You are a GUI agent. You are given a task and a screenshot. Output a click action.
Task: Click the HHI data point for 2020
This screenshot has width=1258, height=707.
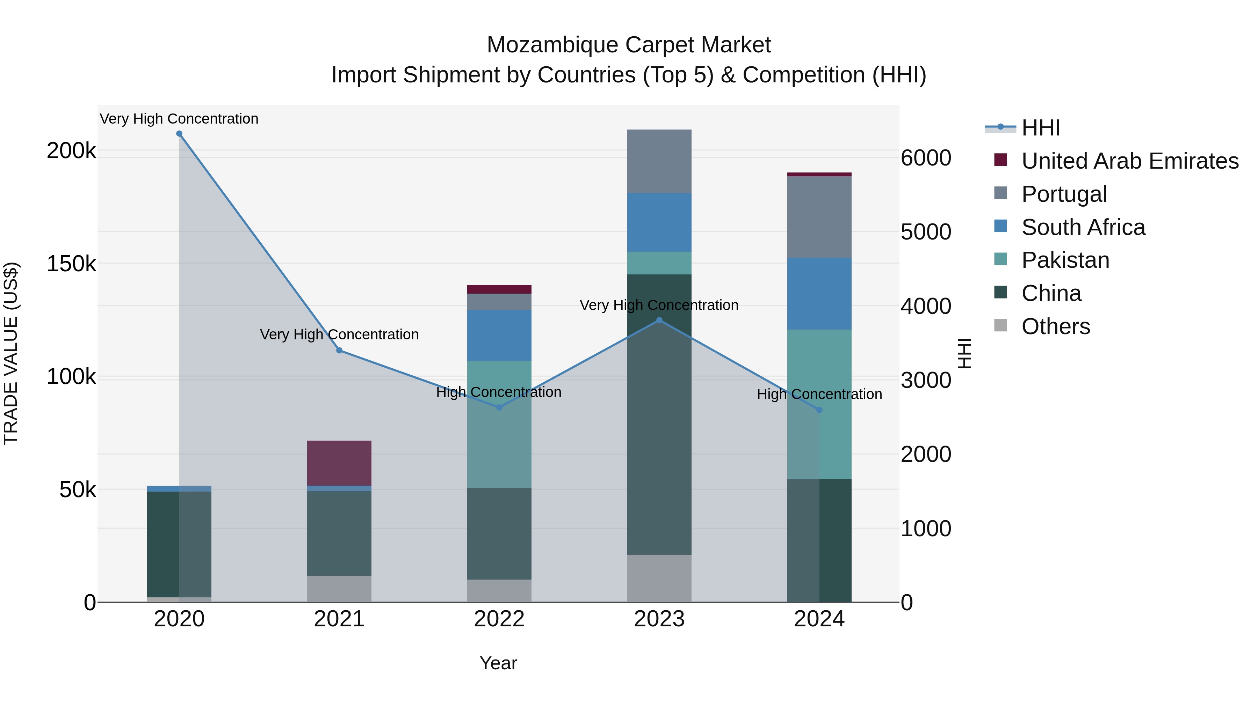click(179, 134)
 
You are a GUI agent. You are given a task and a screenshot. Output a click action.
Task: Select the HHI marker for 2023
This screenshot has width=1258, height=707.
click(659, 320)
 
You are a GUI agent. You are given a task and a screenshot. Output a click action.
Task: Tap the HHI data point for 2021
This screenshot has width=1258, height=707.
click(339, 350)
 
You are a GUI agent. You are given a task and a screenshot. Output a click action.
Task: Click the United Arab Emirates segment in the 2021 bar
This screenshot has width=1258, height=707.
click(339, 463)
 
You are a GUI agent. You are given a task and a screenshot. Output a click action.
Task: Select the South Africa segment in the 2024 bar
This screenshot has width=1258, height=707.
click(819, 293)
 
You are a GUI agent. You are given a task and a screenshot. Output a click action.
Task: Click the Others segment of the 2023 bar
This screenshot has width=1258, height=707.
click(659, 578)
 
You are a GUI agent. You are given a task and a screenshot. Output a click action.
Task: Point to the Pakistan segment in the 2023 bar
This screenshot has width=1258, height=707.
click(659, 263)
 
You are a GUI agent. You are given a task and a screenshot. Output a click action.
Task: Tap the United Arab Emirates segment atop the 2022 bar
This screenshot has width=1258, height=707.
click(499, 289)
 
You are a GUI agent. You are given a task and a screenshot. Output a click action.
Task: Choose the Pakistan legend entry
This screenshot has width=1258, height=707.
click(1065, 260)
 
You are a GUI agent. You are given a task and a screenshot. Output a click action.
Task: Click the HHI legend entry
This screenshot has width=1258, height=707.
click(1040, 128)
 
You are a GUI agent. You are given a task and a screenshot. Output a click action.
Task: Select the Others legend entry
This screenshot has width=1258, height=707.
click(1055, 326)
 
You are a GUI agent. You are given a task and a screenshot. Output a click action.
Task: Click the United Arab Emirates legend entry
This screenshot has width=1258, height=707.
click(1129, 161)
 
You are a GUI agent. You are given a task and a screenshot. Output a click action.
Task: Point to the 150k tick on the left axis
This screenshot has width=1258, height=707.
click(71, 264)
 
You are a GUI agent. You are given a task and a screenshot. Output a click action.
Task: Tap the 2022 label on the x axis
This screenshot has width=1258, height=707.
click(499, 619)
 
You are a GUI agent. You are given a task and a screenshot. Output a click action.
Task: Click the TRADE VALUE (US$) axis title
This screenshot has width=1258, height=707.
click(11, 353)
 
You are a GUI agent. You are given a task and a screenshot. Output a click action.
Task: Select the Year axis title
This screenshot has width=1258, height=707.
click(498, 663)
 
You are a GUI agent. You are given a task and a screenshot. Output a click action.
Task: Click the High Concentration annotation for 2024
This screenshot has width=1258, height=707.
click(819, 394)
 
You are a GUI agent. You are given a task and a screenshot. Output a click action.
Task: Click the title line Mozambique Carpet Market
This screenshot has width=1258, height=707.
click(629, 45)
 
